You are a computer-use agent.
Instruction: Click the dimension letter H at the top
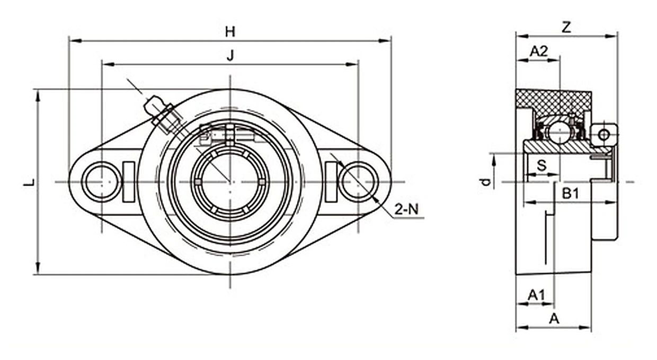coord(230,32)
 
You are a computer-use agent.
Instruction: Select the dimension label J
coord(231,55)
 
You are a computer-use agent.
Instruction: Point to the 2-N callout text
coord(406,209)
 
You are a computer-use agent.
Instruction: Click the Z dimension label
coord(566,27)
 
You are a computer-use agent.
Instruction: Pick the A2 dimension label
coord(539,51)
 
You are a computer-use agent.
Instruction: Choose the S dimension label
coord(541,165)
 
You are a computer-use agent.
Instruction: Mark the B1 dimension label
coord(571,194)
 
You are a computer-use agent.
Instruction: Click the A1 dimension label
coord(536,295)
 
